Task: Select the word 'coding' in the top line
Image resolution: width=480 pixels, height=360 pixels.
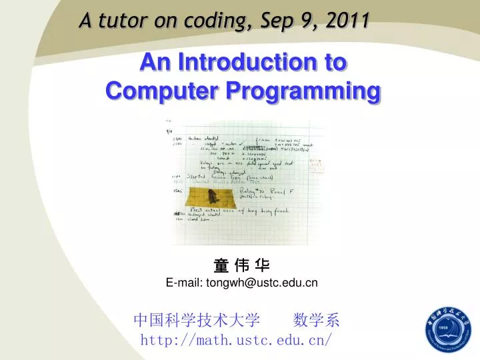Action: click(x=211, y=21)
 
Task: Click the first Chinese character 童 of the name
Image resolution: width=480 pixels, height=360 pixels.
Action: click(x=221, y=265)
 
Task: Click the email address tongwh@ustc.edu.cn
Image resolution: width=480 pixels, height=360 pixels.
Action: click(x=262, y=283)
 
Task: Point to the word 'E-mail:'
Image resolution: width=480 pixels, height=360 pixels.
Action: click(x=185, y=283)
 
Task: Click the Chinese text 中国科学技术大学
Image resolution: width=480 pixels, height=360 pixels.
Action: click(x=197, y=321)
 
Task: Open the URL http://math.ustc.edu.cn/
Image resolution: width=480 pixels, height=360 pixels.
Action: click(x=236, y=341)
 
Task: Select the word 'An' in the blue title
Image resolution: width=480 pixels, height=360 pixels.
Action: click(x=153, y=63)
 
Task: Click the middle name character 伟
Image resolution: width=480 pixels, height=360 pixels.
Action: click(x=241, y=265)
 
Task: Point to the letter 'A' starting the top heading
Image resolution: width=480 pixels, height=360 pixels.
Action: click(x=85, y=21)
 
